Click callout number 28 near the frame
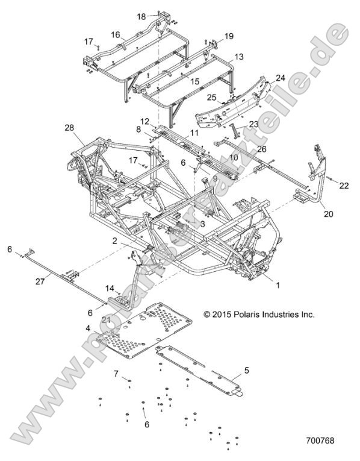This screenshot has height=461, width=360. coord(69,128)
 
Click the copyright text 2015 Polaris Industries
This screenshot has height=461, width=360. coord(259,314)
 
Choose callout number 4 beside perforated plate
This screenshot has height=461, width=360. coord(88,328)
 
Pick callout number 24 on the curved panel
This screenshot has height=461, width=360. coord(281,77)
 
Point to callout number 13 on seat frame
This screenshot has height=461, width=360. coord(238,56)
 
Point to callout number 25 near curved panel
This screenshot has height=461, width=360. coord(211,96)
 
